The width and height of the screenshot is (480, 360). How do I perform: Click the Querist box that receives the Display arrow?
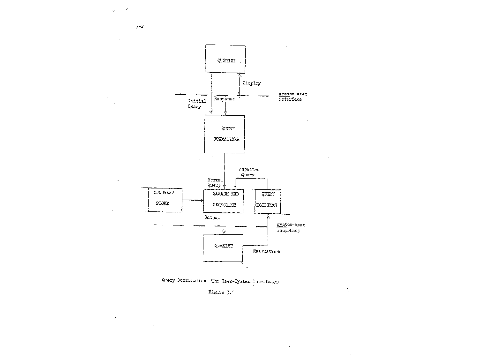225,59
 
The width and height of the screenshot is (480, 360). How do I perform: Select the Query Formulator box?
225,134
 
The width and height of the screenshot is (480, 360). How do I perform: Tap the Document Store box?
162,199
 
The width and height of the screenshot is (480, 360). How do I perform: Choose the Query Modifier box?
267,201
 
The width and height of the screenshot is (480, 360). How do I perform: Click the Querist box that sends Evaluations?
223,247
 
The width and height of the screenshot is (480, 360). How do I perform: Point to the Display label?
251,83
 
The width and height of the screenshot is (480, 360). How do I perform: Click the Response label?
224,99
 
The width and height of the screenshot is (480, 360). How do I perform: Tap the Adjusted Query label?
248,172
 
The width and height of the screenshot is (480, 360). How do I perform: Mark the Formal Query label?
215,182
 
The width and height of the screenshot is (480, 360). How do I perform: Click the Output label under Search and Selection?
212,218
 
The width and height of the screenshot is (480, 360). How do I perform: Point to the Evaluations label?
267,252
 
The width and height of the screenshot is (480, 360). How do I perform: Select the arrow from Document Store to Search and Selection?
192,200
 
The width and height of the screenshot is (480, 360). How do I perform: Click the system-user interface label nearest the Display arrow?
292,97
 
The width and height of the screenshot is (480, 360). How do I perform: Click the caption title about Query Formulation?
220,282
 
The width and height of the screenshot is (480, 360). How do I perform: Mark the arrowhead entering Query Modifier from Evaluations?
268,216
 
